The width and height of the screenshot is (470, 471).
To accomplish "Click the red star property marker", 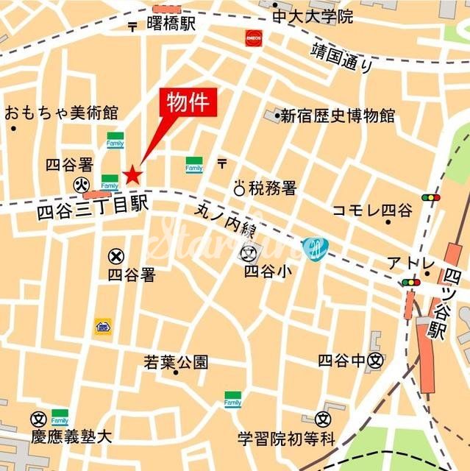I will click(x=132, y=174).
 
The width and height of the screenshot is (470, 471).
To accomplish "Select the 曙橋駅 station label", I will click(x=171, y=24).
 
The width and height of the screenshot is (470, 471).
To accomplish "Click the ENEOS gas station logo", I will click(x=254, y=36).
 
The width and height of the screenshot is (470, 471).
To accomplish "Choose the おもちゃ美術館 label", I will click(x=61, y=113).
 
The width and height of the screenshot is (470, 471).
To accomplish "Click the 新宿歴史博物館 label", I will click(x=339, y=116).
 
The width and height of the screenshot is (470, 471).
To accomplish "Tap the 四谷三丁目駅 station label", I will click(x=93, y=210).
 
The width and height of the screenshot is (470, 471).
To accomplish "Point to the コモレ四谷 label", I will click(x=372, y=210).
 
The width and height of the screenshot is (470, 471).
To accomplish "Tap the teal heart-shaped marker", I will click(x=315, y=249).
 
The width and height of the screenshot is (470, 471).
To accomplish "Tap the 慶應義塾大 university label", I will click(x=71, y=436).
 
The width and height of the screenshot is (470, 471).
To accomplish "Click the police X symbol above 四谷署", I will click(x=115, y=256).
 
